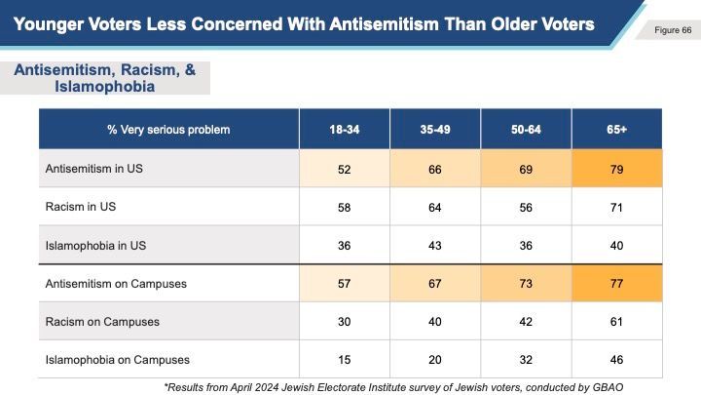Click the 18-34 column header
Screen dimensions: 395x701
click(x=346, y=130)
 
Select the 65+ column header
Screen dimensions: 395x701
click(x=617, y=130)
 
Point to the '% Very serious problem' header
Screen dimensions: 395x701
click(x=169, y=130)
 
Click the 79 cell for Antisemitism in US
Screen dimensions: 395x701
click(x=617, y=169)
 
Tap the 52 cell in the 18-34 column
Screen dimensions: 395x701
click(x=346, y=169)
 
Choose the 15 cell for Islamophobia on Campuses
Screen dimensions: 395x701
click(x=346, y=359)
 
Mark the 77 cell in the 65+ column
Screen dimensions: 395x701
click(x=617, y=283)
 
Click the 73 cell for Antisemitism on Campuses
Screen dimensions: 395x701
click(x=527, y=283)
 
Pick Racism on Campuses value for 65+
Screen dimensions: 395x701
click(x=617, y=321)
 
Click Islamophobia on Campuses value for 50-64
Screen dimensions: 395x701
click(x=527, y=359)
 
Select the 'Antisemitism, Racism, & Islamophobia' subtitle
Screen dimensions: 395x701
click(x=106, y=77)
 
